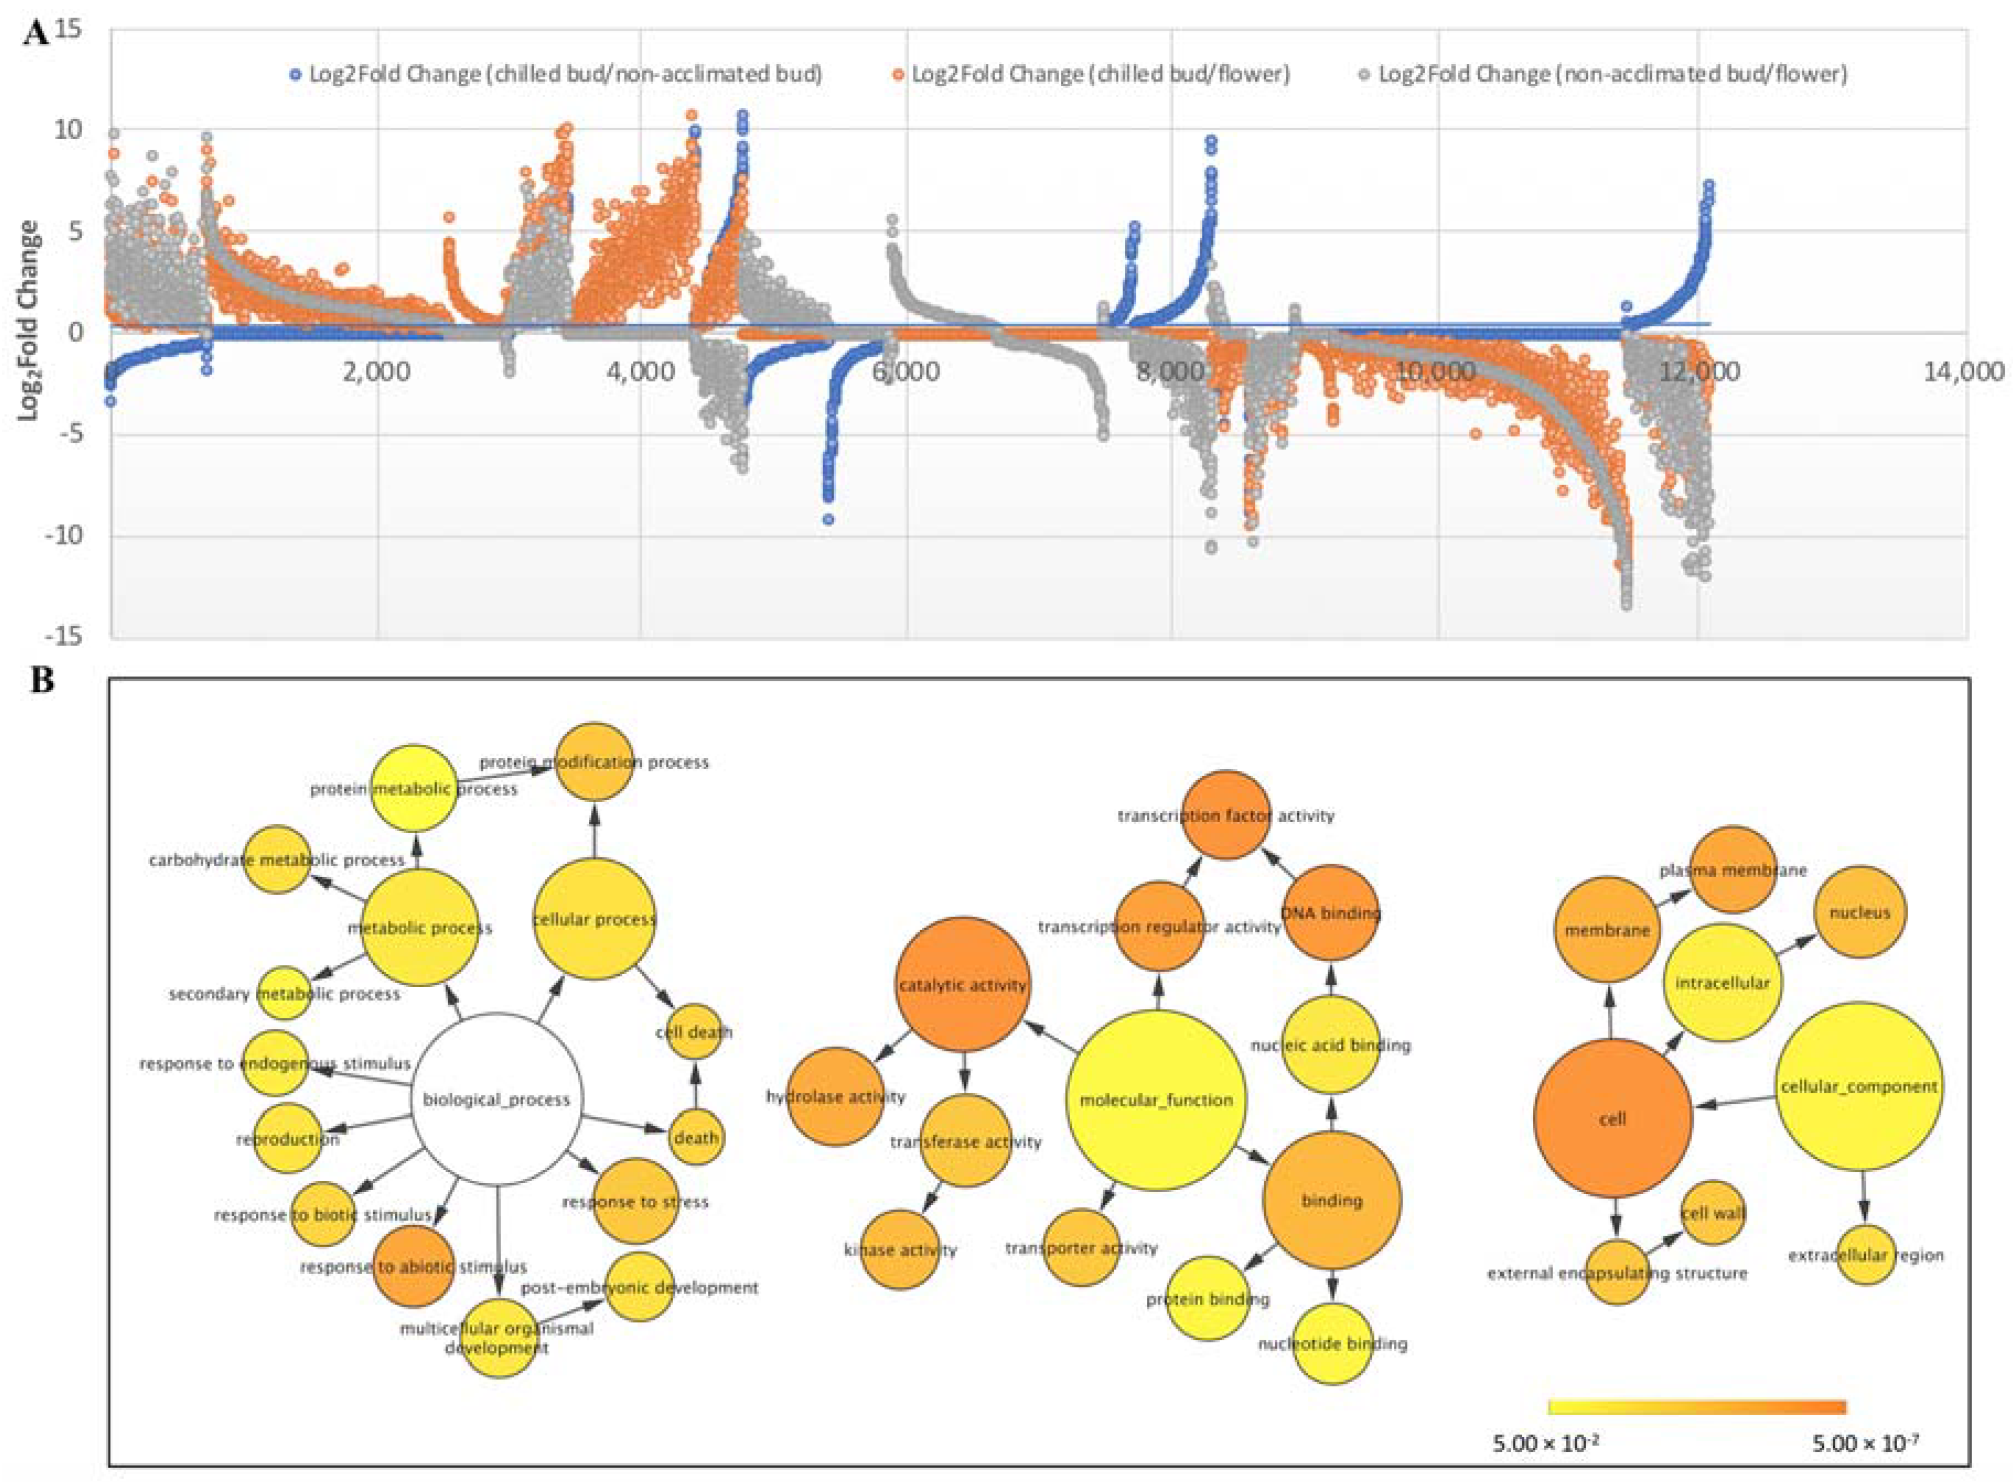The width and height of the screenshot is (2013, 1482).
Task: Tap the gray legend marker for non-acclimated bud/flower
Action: tap(1364, 74)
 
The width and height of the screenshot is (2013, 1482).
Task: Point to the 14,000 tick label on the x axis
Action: tap(1961, 370)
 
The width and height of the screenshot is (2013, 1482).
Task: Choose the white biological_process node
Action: tap(496, 1099)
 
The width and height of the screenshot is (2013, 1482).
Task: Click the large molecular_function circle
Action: tap(1156, 1100)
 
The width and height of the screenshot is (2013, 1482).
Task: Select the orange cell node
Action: tap(1612, 1119)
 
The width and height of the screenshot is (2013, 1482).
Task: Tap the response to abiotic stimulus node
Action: tap(414, 1266)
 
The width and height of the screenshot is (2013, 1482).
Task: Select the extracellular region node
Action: tap(1866, 1255)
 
